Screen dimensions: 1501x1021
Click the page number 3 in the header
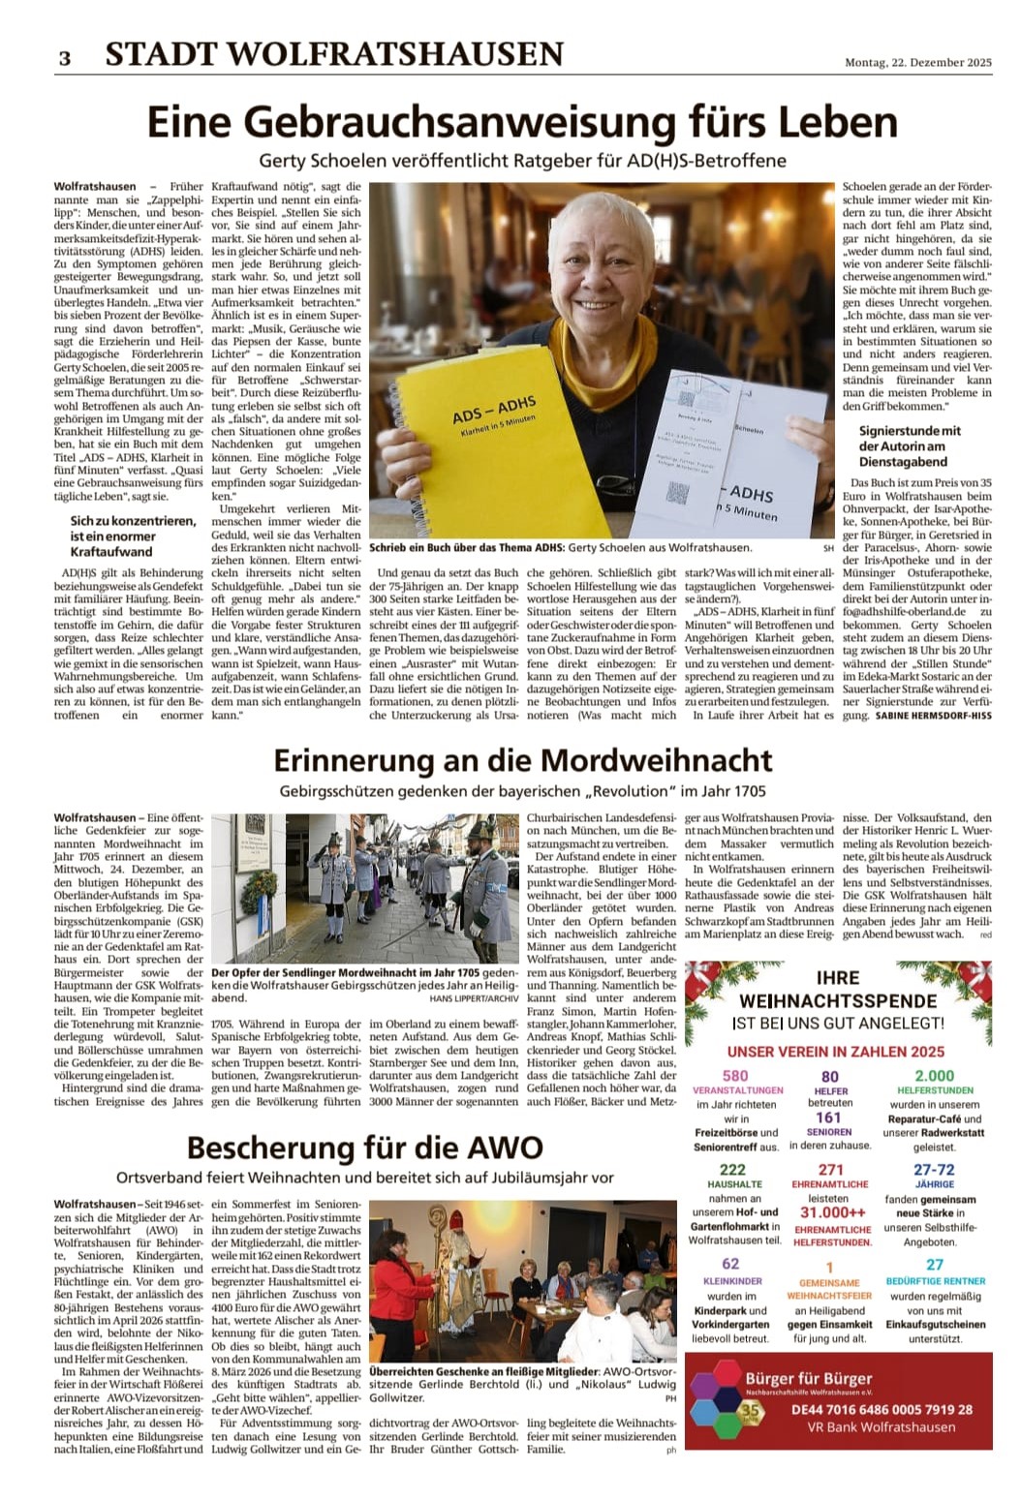click(64, 57)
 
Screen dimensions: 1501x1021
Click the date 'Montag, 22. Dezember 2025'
click(917, 63)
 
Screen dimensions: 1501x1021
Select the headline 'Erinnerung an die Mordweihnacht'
click(522, 759)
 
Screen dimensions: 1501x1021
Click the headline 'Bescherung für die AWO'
click(365, 1148)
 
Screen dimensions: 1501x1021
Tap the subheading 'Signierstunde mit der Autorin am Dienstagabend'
click(910, 446)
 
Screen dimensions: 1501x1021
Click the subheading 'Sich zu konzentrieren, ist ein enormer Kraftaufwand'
click(133, 536)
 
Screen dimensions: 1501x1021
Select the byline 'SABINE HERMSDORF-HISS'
click(933, 715)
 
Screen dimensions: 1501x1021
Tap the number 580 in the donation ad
click(735, 1075)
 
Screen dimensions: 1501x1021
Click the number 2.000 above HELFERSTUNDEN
click(934, 1075)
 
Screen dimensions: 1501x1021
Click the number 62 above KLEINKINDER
click(730, 1264)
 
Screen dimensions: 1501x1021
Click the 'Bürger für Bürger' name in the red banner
click(809, 1378)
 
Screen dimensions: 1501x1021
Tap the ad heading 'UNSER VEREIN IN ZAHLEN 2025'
click(836, 1052)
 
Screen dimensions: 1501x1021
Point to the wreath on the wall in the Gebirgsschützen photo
click(258, 888)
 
